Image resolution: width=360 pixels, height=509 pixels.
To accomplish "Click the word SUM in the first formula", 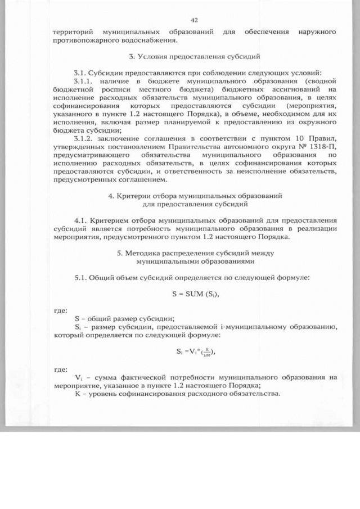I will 191,294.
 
